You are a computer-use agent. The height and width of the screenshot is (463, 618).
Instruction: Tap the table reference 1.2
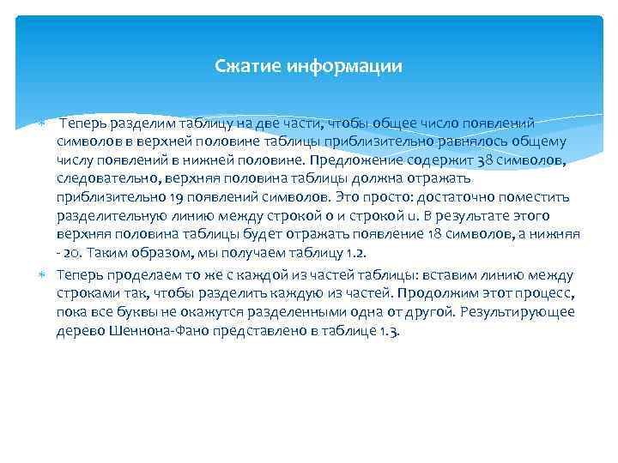pyautogui.click(x=354, y=252)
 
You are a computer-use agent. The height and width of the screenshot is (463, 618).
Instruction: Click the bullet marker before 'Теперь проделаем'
pyautogui.click(x=44, y=274)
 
